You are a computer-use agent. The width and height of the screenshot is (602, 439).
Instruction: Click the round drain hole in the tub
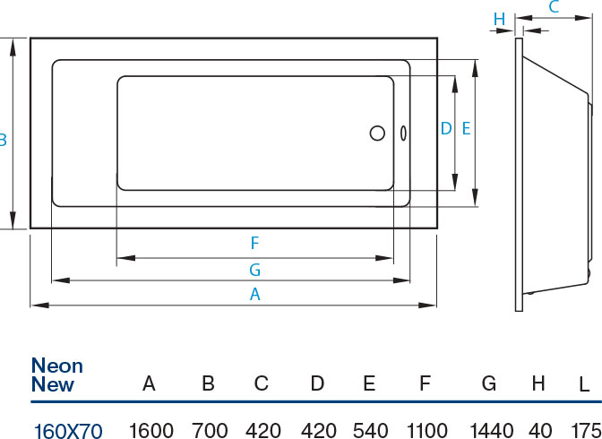pos(377,133)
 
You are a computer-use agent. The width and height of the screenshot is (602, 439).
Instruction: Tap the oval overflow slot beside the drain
pos(402,133)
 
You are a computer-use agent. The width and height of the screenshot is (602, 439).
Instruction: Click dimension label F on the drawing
pos(254,243)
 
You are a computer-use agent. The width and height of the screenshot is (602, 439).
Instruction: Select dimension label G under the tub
pos(254,269)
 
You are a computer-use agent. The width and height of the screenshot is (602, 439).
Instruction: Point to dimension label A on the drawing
pos(254,294)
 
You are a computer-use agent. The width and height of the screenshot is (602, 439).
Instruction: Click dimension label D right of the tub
pos(445,129)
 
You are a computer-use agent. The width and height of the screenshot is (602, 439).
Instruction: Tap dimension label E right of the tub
pos(466,129)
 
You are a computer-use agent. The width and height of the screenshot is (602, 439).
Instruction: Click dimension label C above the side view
pos(554,8)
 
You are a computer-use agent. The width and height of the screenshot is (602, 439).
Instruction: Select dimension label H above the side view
pos(500,19)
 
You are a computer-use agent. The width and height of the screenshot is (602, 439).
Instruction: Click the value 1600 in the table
pos(150,431)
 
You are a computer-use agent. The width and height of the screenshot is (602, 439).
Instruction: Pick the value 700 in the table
pos(209,431)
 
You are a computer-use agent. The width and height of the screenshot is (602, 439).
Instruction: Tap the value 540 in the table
pos(370,431)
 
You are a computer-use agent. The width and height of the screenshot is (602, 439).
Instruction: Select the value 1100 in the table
pos(426,431)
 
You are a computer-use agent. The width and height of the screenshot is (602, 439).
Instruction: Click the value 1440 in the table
pos(489,431)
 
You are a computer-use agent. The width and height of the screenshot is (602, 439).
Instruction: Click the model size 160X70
pos(68,431)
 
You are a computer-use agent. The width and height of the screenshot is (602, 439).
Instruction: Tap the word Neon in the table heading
pos(56,366)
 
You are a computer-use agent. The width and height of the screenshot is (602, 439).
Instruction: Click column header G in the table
pos(489,383)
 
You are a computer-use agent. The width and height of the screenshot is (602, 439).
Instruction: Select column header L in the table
pos(584,384)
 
